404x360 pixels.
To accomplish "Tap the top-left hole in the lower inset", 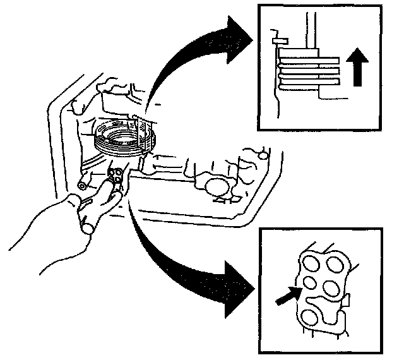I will (311, 261).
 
